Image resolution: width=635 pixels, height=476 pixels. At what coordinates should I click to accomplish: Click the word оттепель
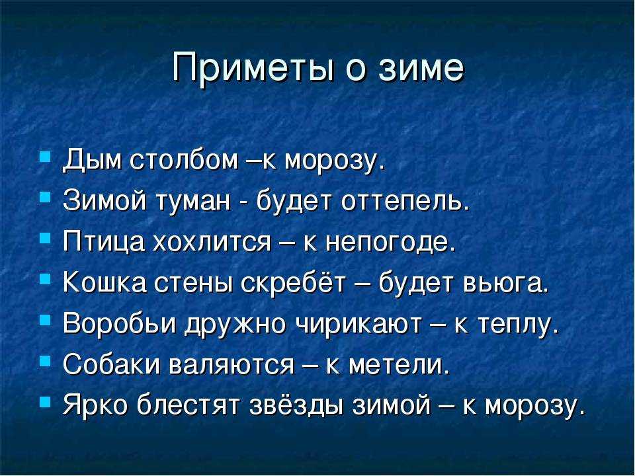point(405,201)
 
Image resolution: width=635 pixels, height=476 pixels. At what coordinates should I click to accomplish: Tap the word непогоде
point(390,243)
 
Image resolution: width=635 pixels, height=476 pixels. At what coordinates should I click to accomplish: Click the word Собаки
point(109,364)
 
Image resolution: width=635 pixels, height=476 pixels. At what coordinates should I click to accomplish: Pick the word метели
point(399,365)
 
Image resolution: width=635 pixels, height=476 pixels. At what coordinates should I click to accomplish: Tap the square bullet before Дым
point(46,156)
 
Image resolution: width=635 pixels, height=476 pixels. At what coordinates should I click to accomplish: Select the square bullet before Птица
point(46,237)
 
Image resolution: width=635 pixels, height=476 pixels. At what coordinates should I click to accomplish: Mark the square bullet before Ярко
point(46,401)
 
